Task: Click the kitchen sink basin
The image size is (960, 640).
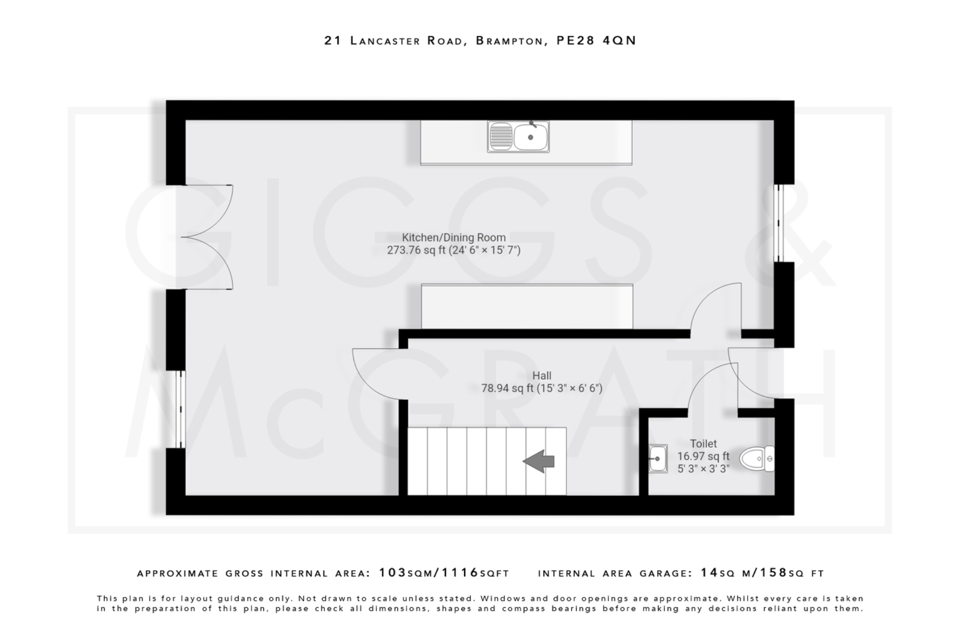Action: coord(530,137)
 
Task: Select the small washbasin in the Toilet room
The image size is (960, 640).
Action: coord(658,459)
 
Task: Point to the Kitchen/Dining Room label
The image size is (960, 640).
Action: coord(453,238)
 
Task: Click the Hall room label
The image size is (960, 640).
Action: coord(541,376)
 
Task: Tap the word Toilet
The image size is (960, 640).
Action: coord(703,444)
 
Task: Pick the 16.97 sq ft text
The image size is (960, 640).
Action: coord(703,456)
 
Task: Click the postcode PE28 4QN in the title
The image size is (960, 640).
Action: coord(596,41)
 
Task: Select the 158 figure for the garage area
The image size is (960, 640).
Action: coord(774,572)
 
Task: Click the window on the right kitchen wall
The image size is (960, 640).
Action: coord(778,223)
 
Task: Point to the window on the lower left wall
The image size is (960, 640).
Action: coord(180,409)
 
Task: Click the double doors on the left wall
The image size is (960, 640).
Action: coord(206,237)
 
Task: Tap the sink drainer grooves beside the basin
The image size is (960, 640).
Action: coord(501,137)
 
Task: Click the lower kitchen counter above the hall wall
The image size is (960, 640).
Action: coord(527,307)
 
